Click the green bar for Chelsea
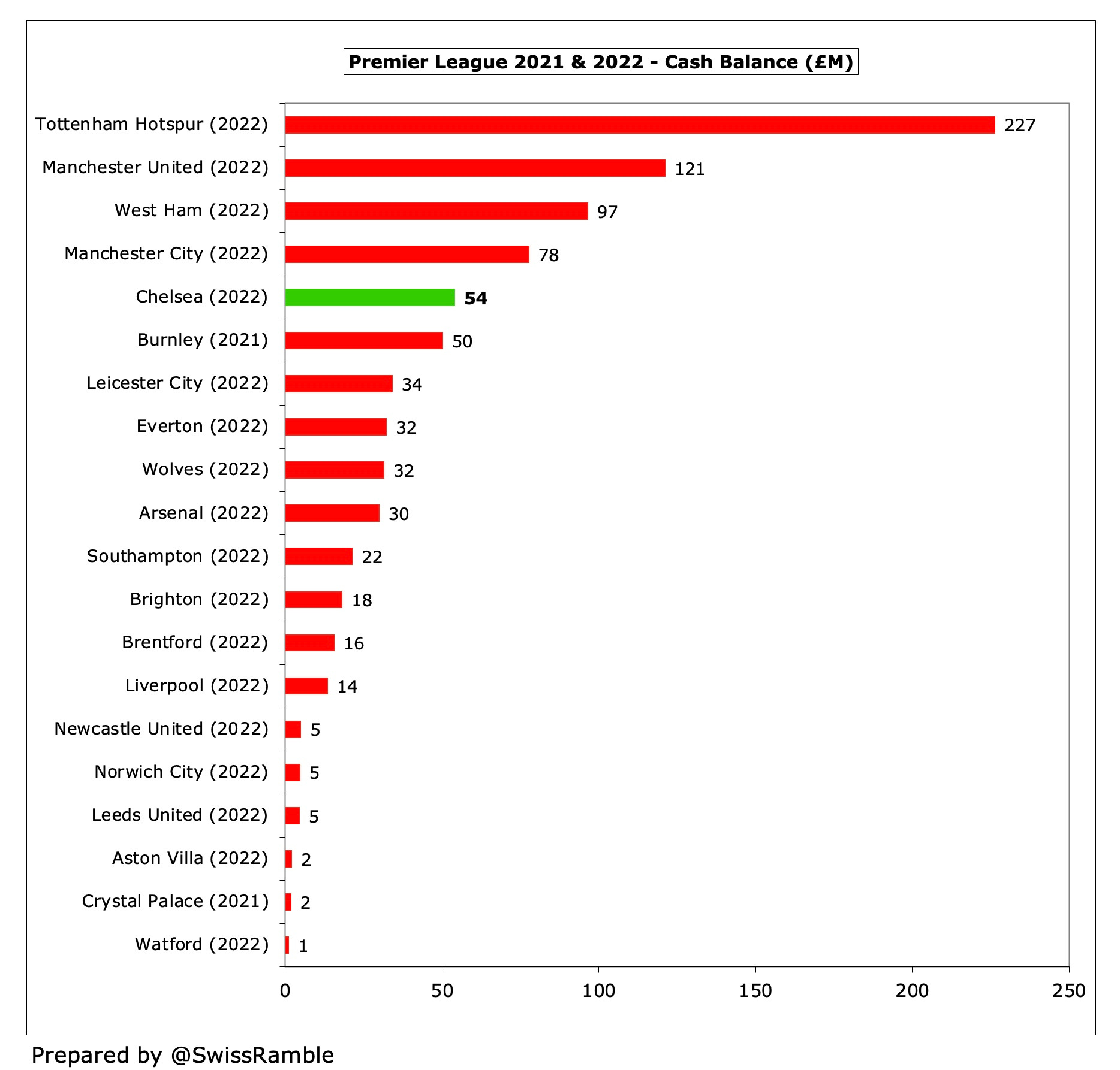pos(370,298)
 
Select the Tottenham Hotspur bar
pos(640,125)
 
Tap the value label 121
pos(690,169)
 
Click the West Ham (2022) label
pos(191,211)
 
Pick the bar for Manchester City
pos(407,255)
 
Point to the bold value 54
pos(475,298)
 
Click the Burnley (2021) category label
pos(203,340)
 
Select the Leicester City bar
pos(339,384)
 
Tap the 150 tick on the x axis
pos(755,991)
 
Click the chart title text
pos(600,62)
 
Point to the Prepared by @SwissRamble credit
pos(182,1055)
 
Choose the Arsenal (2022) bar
pos(332,513)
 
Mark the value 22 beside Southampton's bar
pos(372,557)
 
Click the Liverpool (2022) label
pos(197,685)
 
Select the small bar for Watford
pos(287,945)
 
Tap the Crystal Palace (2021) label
pos(175,902)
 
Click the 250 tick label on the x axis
pos(1068,991)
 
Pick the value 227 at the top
pos(1020,126)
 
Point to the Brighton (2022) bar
pos(314,600)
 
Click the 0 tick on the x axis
pos(285,991)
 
